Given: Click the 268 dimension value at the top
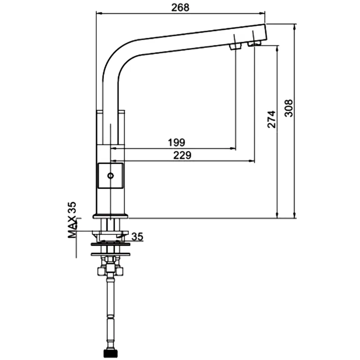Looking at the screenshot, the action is click(x=180, y=8).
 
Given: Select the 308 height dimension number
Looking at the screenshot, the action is click(x=288, y=108).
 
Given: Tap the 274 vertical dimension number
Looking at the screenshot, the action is click(x=271, y=119).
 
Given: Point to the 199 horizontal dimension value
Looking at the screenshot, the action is click(x=176, y=142).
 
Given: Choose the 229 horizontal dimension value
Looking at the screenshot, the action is click(x=182, y=155).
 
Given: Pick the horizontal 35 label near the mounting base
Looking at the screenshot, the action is click(x=137, y=237).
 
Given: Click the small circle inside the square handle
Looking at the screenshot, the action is click(x=111, y=176).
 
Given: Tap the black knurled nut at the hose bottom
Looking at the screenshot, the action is click(x=110, y=354).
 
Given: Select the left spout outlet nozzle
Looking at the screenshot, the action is click(x=235, y=47).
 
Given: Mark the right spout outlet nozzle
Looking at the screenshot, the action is click(x=254, y=43).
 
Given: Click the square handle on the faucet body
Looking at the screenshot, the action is click(x=111, y=176).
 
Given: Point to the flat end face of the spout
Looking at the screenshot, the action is click(x=266, y=32).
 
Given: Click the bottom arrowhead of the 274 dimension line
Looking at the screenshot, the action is click(x=277, y=215).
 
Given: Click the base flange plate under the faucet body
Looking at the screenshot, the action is click(x=110, y=216).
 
